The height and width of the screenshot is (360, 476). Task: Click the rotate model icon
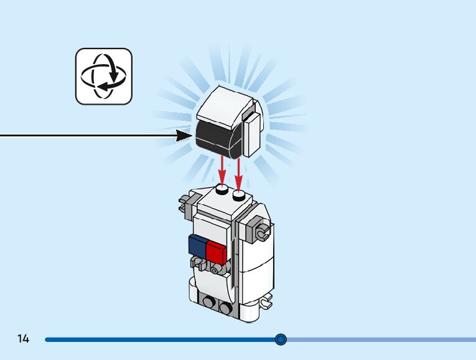[x=104, y=76]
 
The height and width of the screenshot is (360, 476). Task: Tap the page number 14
[x=24, y=339]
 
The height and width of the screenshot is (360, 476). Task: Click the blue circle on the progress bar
[x=281, y=339]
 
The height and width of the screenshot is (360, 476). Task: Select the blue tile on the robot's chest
[x=198, y=244]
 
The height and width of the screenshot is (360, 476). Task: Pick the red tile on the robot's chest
[x=215, y=252]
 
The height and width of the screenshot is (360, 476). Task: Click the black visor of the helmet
[x=214, y=138]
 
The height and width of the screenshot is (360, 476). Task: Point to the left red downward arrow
[x=222, y=169]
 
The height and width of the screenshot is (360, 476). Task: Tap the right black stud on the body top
[x=239, y=196]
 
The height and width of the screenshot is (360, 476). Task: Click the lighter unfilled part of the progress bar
[x=380, y=339]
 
